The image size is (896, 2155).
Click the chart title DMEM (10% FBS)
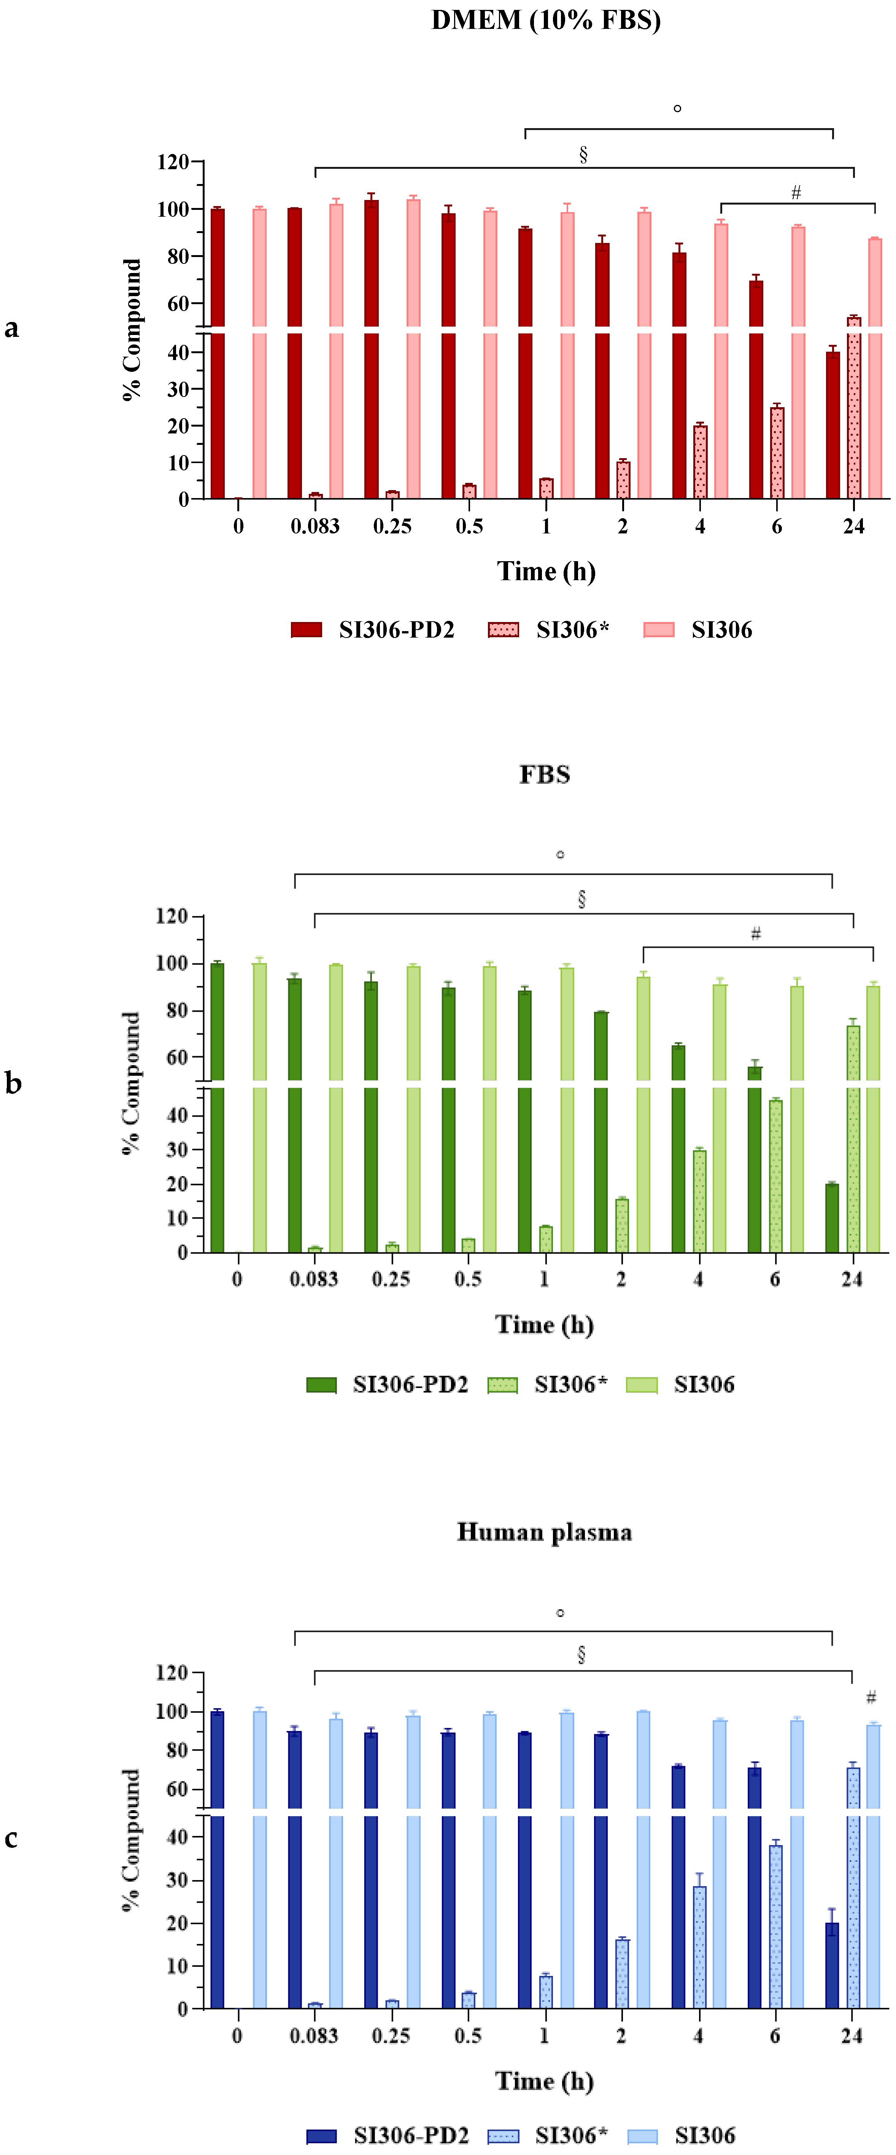545,20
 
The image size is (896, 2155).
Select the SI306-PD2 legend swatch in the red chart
306,630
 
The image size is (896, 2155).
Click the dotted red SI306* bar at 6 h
776,454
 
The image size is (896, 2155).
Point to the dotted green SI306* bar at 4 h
699,1201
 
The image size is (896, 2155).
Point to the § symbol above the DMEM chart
583,154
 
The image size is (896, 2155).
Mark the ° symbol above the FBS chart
560,854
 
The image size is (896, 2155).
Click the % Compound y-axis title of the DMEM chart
132,329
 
